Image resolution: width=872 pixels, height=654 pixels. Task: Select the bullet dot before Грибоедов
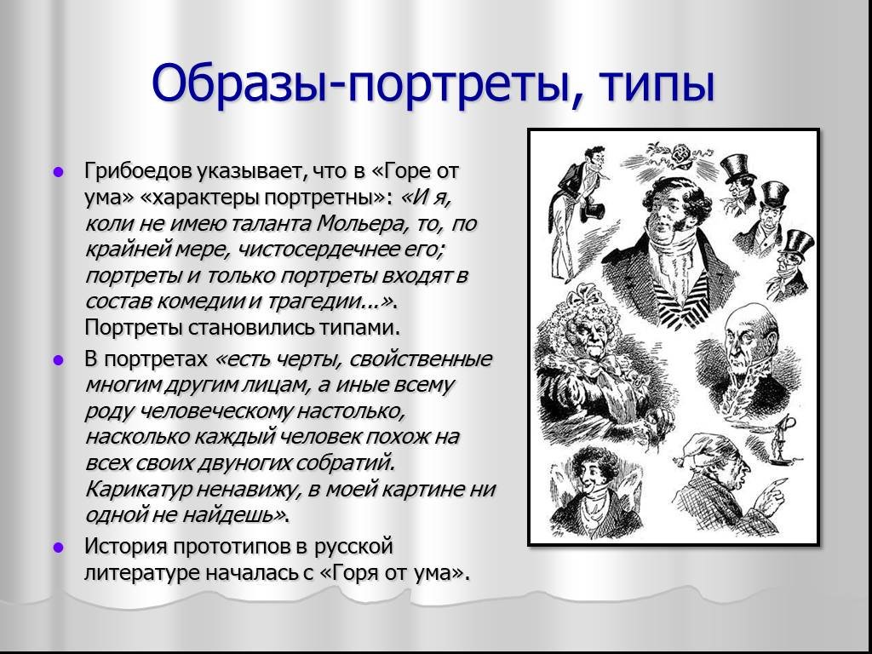(58, 172)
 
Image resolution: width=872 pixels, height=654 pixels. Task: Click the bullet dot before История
(58, 548)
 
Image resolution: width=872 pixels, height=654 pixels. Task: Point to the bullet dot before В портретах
(58, 360)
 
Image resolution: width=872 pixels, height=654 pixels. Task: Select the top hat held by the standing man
(592, 213)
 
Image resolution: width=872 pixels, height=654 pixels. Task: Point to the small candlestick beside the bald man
(785, 439)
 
